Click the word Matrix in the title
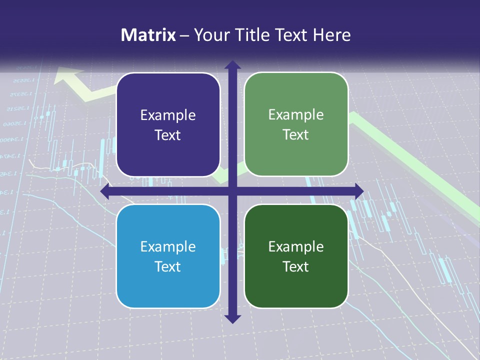[x=148, y=35]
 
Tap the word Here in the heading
[x=332, y=35]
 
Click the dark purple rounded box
[x=168, y=125]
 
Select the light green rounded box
[x=296, y=124]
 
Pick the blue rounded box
[x=168, y=256]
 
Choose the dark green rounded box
[x=296, y=256]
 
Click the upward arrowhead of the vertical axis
[x=232, y=65]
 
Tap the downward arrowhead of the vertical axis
[x=232, y=318]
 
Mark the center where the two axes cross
[x=232, y=191]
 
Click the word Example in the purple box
[x=168, y=115]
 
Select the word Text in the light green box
[x=296, y=135]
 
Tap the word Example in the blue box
[x=168, y=246]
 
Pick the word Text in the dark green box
[x=296, y=266]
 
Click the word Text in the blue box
[x=168, y=266]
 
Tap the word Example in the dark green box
[x=296, y=246]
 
